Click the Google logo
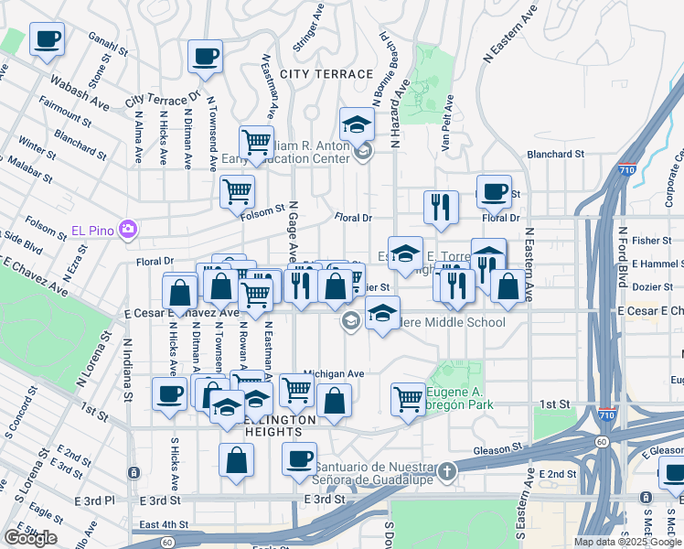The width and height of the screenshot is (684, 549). click(30, 538)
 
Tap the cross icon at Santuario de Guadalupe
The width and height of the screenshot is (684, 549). click(446, 472)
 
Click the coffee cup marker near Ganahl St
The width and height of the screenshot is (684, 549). click(48, 39)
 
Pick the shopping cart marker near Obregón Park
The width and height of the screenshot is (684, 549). click(408, 397)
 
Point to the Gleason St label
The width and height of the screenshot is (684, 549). click(498, 449)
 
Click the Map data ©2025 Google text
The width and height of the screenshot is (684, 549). click(626, 542)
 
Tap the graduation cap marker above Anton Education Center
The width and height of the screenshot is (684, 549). click(357, 123)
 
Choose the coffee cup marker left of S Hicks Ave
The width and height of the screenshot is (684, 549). click(167, 395)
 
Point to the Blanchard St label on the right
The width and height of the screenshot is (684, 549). click(554, 155)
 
